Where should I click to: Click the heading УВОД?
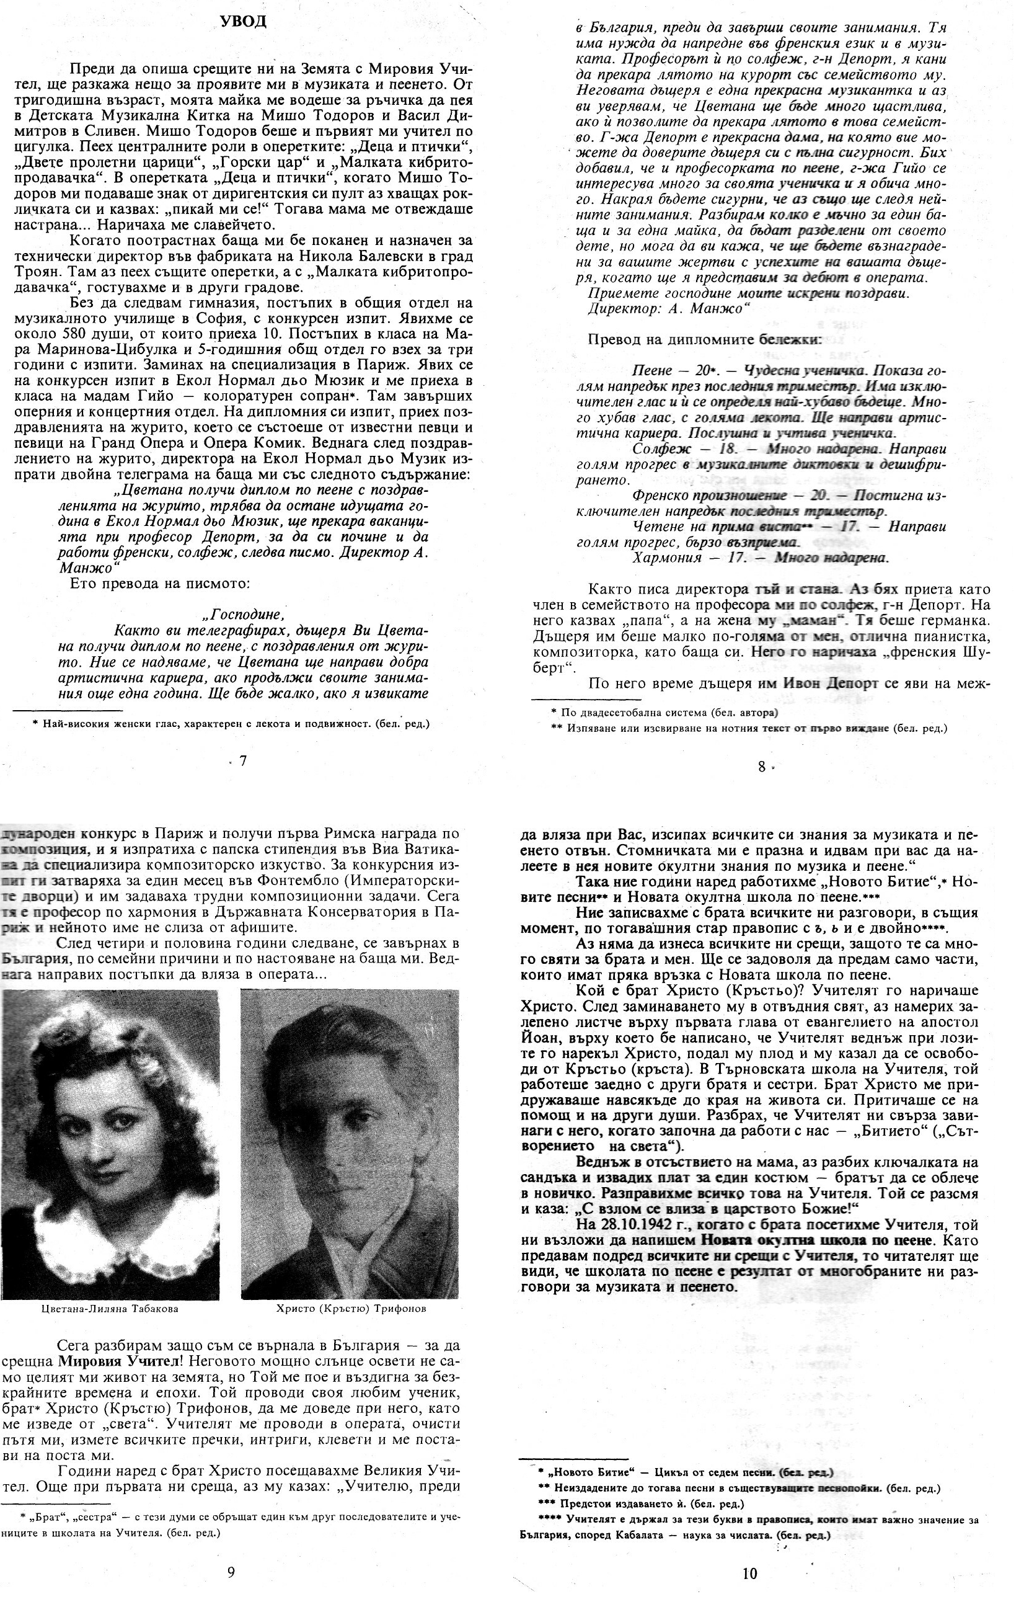pos(244,22)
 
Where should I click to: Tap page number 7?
pos(244,762)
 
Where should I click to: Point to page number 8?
pos(761,766)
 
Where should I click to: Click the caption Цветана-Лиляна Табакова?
pos(110,1309)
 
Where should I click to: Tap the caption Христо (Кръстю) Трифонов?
pos(350,1309)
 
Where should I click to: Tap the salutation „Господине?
pos(244,614)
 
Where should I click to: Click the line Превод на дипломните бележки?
pos(704,340)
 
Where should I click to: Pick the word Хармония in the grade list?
pos(662,557)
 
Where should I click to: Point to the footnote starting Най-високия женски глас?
pos(231,724)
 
